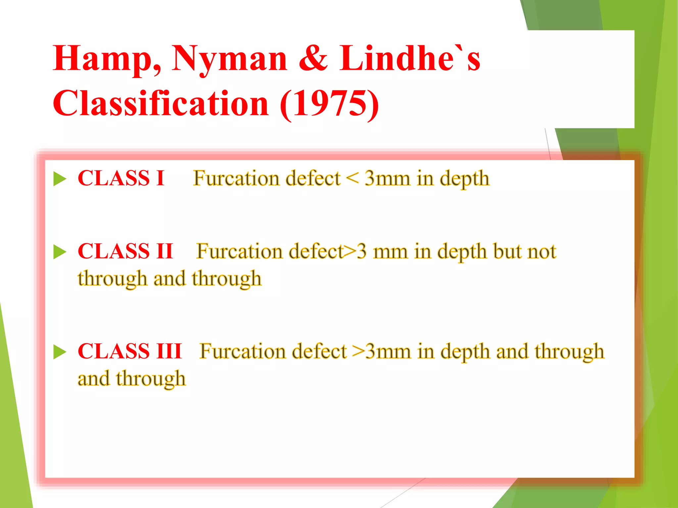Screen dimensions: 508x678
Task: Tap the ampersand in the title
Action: (313, 59)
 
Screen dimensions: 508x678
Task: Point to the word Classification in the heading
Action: (161, 104)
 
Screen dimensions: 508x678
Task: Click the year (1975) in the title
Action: (329, 104)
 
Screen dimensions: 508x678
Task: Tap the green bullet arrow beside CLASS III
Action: (60, 352)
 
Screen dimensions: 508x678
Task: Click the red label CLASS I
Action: (121, 178)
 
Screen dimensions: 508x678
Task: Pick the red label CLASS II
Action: (125, 251)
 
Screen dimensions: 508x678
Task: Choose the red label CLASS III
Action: (130, 351)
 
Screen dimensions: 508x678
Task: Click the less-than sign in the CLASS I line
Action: (352, 179)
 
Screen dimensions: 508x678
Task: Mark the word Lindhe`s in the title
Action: (410, 59)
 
